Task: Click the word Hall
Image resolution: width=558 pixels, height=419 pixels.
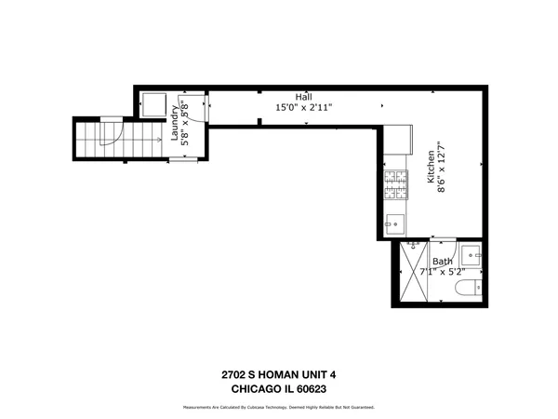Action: click(304, 96)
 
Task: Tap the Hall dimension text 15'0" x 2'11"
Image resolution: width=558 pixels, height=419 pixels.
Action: click(304, 107)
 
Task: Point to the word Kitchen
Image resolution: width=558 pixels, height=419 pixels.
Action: click(432, 167)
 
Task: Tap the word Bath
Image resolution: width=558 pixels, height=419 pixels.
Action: click(443, 263)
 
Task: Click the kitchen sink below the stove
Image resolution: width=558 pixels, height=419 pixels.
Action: click(394, 223)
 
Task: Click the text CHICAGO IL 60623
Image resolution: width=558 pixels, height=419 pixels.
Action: click(278, 388)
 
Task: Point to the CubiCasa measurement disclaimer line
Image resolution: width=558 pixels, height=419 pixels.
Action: click(278, 408)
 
